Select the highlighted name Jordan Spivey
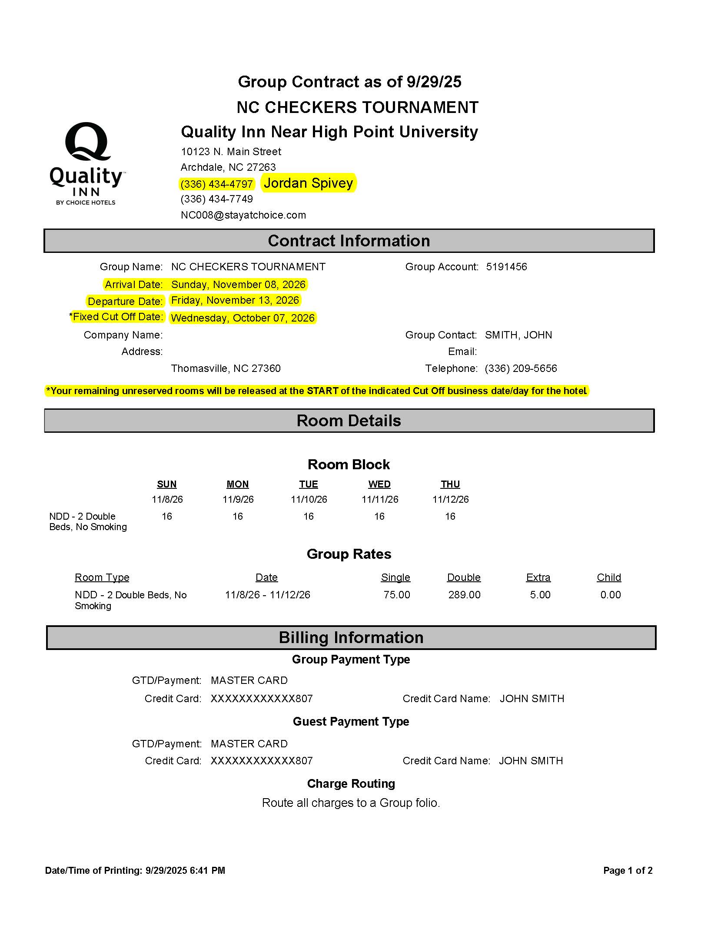308,183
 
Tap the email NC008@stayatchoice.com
243,215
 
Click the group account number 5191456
506,267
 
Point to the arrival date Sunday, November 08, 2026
238,285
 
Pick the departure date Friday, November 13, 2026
235,300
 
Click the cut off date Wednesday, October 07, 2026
243,318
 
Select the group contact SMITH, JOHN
518,335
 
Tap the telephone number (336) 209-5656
521,368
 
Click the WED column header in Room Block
379,484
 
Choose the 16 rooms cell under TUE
309,516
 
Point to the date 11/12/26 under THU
450,499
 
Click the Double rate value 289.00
464,595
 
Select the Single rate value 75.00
396,595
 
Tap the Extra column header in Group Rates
538,577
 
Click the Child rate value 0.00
610,595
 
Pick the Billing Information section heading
351,637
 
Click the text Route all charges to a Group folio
351,803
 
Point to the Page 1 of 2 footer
628,870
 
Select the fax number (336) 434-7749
216,199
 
